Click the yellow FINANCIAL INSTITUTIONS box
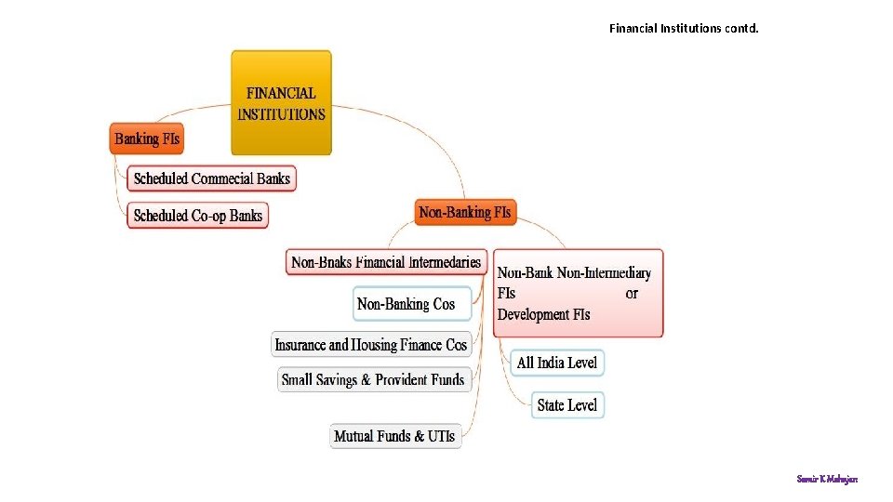click(281, 103)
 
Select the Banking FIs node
click(147, 139)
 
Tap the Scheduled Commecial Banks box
click(212, 178)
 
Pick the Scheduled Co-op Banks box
click(198, 216)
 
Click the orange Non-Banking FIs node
click(464, 213)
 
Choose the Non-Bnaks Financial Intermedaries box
click(386, 262)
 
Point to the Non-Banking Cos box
click(407, 304)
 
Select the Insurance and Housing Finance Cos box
click(371, 345)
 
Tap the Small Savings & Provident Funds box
click(373, 379)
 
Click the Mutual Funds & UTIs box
click(395, 436)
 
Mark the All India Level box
click(557, 363)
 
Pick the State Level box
click(567, 405)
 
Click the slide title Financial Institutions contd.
click(684, 28)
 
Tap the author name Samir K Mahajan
click(827, 479)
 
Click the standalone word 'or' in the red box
click(632, 294)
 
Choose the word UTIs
click(442, 436)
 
